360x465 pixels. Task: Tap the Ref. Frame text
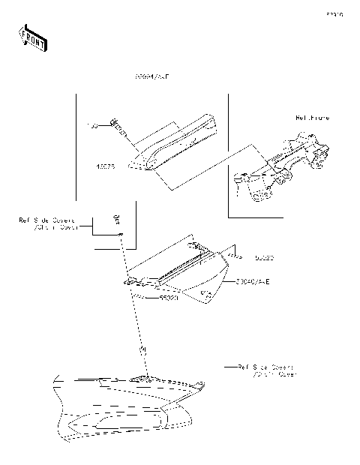(312, 118)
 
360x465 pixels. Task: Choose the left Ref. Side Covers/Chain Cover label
(49, 224)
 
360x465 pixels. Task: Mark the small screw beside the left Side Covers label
(116, 219)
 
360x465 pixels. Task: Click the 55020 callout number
(169, 297)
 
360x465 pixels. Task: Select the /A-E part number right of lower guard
(252, 280)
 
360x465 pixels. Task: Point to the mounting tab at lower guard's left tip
(130, 282)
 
